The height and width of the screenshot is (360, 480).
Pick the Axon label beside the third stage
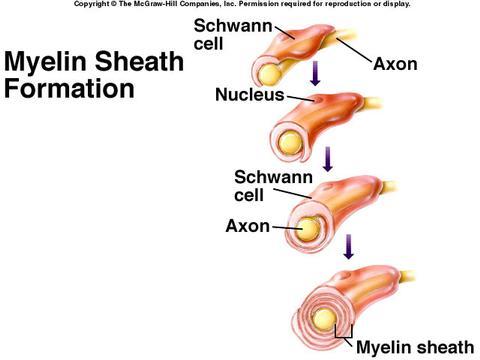(x=248, y=226)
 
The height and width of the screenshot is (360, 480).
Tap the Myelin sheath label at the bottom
(x=415, y=347)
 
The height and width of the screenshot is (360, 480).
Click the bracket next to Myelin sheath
(x=347, y=337)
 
